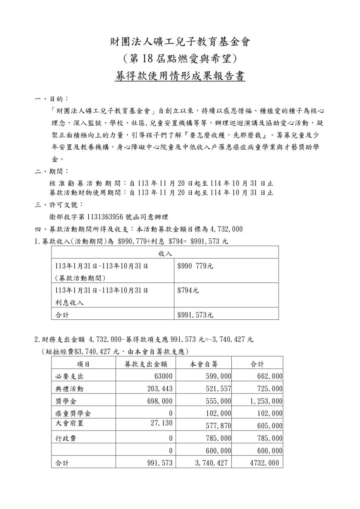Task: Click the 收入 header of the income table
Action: (x=165, y=253)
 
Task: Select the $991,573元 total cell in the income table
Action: (x=195, y=315)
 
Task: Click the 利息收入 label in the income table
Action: (x=69, y=303)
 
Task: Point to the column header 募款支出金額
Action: (x=146, y=364)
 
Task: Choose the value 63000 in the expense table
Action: (x=163, y=376)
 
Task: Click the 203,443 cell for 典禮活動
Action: (x=160, y=389)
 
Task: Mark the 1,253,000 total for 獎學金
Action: (x=266, y=401)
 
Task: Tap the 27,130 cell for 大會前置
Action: (x=161, y=423)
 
